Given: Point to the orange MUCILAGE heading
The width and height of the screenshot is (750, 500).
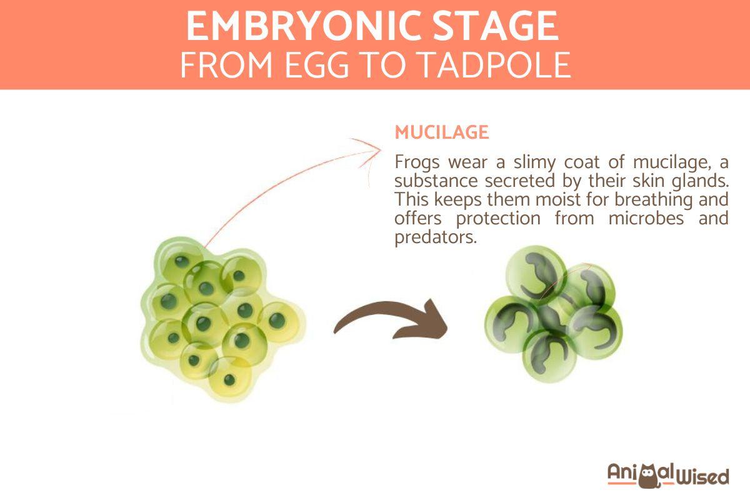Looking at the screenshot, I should (x=441, y=132).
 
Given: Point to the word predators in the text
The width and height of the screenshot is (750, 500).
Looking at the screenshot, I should (x=432, y=238).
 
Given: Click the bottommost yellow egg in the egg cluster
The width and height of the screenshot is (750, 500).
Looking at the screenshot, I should (x=230, y=379).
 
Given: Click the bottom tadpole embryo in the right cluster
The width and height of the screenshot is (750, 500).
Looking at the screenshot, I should (x=548, y=354).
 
